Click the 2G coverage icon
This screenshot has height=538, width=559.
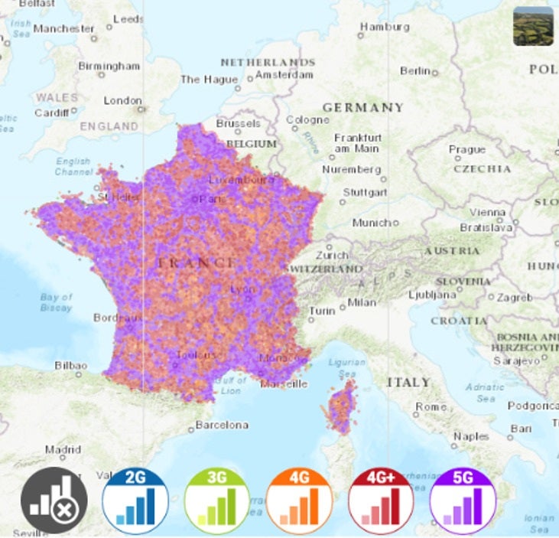tap(135, 501)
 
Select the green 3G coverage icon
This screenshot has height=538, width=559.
tap(217, 501)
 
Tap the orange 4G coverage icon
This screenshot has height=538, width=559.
tap(299, 501)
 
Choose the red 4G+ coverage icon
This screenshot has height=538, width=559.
tap(381, 501)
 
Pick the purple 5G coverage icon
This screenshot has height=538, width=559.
tap(463, 501)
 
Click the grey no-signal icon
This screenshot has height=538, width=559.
tap(54, 501)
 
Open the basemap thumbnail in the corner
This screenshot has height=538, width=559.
tap(533, 26)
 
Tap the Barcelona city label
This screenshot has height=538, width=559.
tap(222, 425)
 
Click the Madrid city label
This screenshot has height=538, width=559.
tap(63, 450)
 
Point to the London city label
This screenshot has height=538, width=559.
tap(122, 100)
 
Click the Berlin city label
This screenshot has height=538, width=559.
tap(416, 70)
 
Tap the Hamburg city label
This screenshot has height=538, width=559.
tap(385, 26)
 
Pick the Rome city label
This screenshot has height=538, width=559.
tap(431, 406)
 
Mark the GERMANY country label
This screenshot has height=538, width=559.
tap(362, 107)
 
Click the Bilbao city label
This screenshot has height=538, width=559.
tap(70, 366)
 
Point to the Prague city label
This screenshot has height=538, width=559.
tap(466, 149)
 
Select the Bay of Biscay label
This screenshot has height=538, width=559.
tap(56, 302)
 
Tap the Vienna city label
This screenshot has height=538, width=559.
tap(487, 212)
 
